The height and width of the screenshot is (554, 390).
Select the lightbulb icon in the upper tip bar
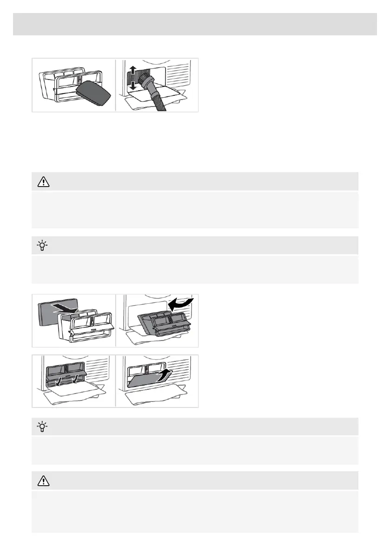[x=42, y=246]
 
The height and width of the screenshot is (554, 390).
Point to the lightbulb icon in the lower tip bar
[x=42, y=427]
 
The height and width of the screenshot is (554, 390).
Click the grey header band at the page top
[x=195, y=24]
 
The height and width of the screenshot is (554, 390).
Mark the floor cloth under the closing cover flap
[x=158, y=398]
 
